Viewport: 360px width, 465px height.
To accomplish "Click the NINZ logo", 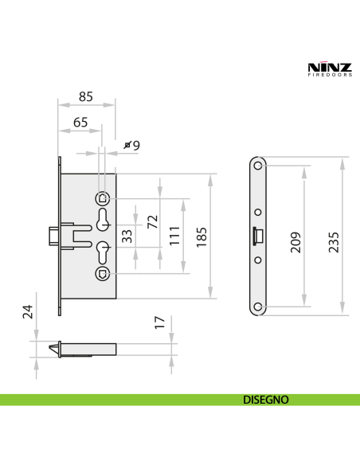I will (324, 68).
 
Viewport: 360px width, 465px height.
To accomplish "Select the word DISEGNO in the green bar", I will (265, 400).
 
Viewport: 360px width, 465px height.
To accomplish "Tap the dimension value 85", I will (86, 97).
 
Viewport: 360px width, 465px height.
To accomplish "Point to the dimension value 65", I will (80, 123).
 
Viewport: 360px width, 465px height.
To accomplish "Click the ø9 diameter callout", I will (132, 145).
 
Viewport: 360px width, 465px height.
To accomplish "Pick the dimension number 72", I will (151, 221).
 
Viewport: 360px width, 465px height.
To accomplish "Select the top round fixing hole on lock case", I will (101, 198).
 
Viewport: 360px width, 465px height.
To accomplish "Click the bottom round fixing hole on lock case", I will (101, 274).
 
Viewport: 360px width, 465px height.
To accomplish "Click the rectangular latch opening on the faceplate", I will (257, 236).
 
